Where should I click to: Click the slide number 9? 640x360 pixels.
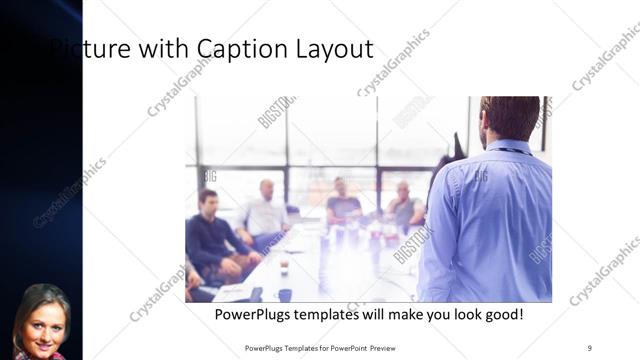click(x=590, y=347)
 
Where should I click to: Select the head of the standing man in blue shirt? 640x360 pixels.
click(x=510, y=117)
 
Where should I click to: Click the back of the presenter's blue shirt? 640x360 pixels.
click(x=490, y=220)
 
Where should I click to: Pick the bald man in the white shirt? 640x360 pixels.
click(x=266, y=210)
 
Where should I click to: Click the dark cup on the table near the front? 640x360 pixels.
click(x=285, y=295)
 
